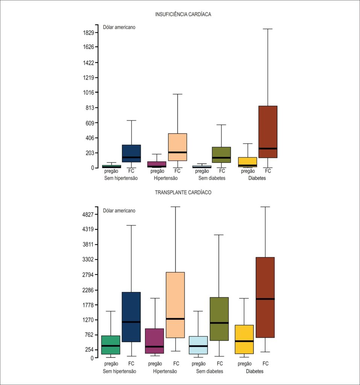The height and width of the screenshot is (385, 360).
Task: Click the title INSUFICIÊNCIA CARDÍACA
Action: click(183, 14)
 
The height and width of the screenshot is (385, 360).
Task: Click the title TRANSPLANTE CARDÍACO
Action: click(183, 192)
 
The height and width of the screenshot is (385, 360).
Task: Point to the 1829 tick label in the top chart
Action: click(89, 33)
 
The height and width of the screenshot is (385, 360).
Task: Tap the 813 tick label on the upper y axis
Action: click(90, 108)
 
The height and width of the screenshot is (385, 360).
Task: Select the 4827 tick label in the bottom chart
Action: click(88, 215)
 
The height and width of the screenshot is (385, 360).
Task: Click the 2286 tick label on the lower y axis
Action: click(88, 290)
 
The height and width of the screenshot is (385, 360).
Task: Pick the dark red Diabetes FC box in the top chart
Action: click(268, 132)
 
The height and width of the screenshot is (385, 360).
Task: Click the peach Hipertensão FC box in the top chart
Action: click(178, 147)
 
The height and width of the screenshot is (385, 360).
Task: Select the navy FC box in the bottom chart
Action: click(131, 317)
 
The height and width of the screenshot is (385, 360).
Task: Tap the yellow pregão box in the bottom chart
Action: click(244, 340)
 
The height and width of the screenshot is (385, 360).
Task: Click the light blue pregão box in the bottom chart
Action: click(198, 345)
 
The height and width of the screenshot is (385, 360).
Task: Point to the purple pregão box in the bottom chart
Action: click(155, 341)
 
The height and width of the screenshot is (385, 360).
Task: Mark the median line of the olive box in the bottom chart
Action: click(219, 323)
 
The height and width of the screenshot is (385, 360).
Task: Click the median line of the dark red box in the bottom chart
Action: click(265, 299)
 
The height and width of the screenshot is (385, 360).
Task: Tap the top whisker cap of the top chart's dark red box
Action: click(268, 29)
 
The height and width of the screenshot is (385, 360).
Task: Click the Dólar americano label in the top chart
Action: click(119, 27)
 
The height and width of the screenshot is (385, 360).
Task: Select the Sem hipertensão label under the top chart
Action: click(121, 178)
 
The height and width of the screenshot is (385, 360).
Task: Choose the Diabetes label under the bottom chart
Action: click(255, 371)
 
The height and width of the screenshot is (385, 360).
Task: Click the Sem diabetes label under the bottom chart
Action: click(210, 371)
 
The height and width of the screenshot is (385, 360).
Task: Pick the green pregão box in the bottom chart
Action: click(111, 345)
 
